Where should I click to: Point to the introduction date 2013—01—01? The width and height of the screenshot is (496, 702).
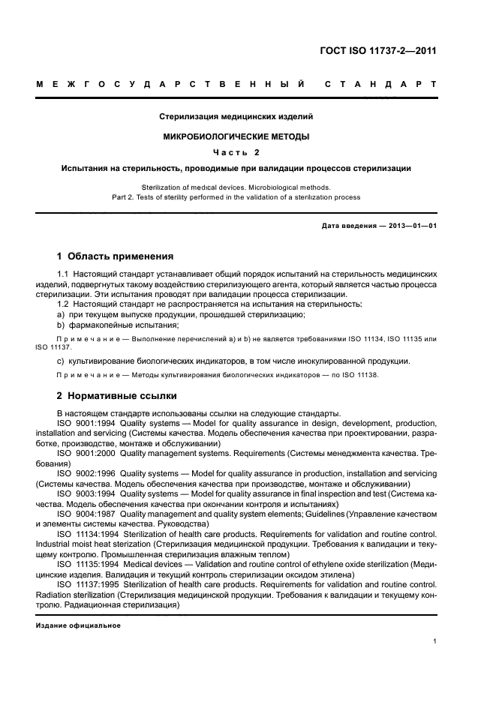click(x=410, y=226)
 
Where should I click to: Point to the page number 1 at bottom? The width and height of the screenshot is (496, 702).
click(x=435, y=641)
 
